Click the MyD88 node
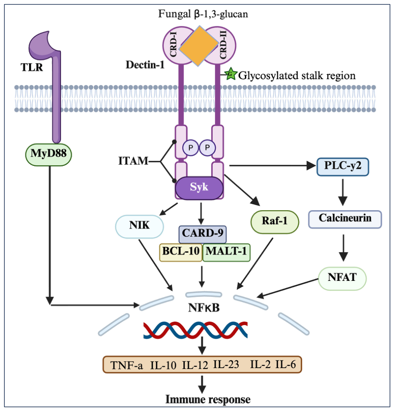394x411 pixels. tap(48, 155)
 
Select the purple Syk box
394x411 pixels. tap(199, 188)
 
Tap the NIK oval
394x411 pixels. tap(139, 226)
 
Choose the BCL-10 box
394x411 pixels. tap(181, 252)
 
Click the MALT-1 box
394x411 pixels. tap(226, 252)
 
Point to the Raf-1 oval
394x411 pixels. tap(275, 222)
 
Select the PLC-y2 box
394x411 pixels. tap(343, 166)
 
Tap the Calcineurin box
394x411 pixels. tap(345, 219)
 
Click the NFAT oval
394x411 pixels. tap(343, 278)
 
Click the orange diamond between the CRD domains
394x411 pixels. tap(199, 46)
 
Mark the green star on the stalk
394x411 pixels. tap(231, 74)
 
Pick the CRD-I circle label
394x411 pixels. tap(174, 44)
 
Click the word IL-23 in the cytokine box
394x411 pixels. tap(226, 364)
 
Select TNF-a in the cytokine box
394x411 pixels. tap(127, 365)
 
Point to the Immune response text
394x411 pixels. tap(208, 399)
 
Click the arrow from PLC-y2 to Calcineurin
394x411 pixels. tap(343, 193)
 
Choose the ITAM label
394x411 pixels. tap(133, 161)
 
